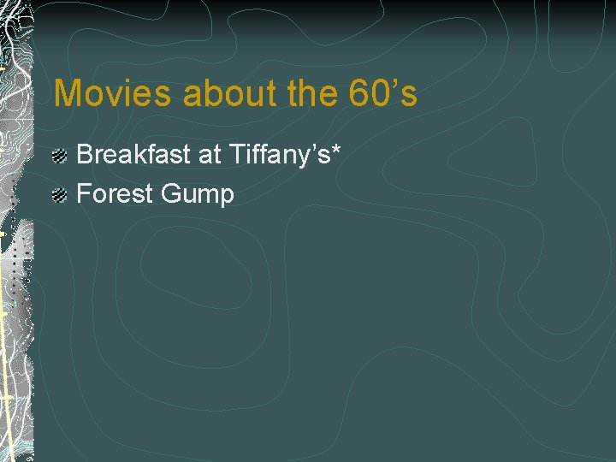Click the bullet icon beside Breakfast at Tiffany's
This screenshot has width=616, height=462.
pyautogui.click(x=59, y=157)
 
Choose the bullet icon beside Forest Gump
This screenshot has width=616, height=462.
pyautogui.click(x=59, y=196)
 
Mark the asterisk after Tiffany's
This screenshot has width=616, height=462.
pyautogui.click(x=336, y=149)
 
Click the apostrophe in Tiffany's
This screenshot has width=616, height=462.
pyautogui.click(x=313, y=147)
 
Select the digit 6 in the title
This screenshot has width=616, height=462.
pyautogui.click(x=361, y=93)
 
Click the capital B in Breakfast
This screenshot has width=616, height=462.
pyautogui.click(x=85, y=155)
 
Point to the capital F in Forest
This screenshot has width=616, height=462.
pyautogui.click(x=84, y=194)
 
